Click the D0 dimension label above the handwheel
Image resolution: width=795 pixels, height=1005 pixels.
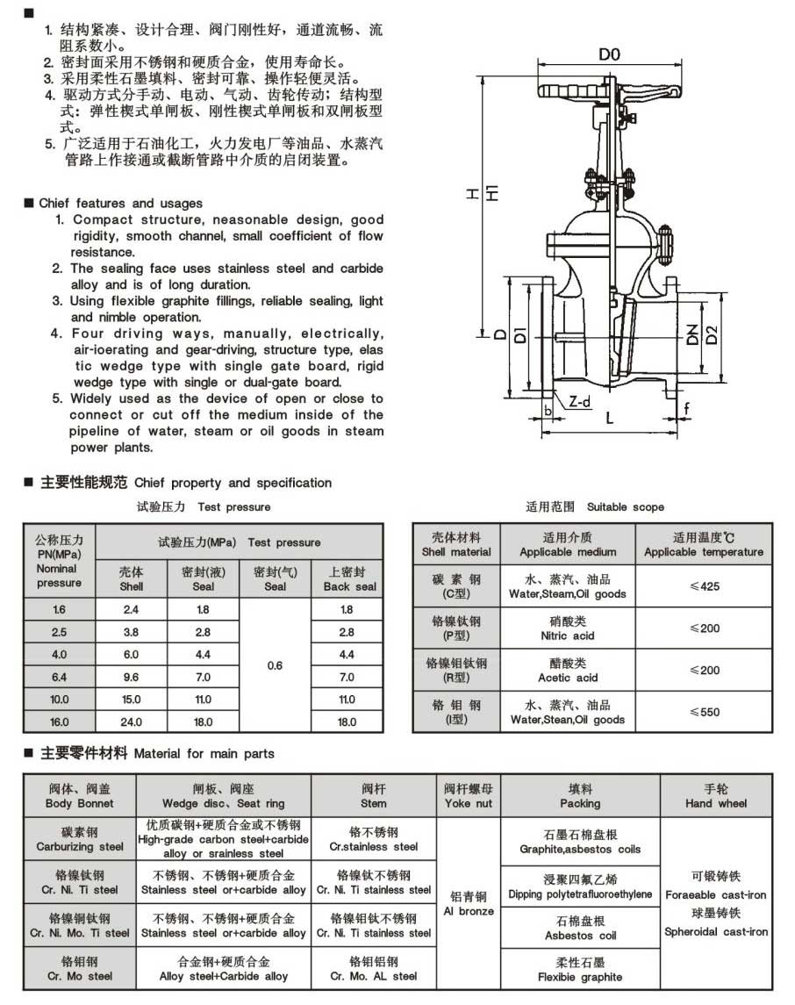[610, 54]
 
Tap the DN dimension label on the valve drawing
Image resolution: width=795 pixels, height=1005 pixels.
[692, 333]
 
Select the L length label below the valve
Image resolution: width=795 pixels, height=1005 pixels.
[609, 420]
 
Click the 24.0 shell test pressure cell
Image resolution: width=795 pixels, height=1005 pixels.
[131, 721]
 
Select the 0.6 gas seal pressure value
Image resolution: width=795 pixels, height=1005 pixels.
[275, 665]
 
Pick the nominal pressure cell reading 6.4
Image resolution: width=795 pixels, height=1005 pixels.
[59, 677]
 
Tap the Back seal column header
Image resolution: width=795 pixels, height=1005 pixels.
[347, 578]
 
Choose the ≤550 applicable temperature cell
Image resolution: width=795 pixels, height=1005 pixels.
[704, 712]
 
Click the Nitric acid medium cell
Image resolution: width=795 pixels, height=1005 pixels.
[567, 628]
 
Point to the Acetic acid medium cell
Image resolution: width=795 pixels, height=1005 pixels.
[567, 671]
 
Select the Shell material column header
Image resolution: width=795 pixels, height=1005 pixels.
[456, 544]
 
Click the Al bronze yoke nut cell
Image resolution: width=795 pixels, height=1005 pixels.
[469, 904]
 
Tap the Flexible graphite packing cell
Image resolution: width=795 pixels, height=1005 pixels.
[580, 970]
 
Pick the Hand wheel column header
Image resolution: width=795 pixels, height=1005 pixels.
[716, 796]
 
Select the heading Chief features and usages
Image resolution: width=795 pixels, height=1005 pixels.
[120, 203]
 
